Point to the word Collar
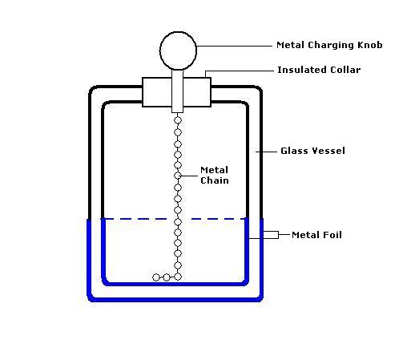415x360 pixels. [x=345, y=70]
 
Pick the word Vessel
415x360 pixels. [x=328, y=151]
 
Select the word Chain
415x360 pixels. [x=215, y=180]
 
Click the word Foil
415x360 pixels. [x=332, y=235]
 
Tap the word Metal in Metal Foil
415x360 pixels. [x=305, y=235]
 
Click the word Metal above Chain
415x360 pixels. [x=214, y=170]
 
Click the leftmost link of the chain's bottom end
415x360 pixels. [x=156, y=277]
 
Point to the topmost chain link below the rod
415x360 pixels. [x=178, y=120]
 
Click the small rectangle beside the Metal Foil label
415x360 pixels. [x=271, y=235]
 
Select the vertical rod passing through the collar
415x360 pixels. [x=177, y=91]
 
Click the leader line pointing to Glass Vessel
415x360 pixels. [x=266, y=152]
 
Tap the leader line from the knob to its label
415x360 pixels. [x=234, y=46]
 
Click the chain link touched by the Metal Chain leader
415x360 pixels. [x=178, y=176]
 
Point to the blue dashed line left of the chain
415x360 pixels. [x=139, y=219]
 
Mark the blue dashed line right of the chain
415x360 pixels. [x=218, y=219]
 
